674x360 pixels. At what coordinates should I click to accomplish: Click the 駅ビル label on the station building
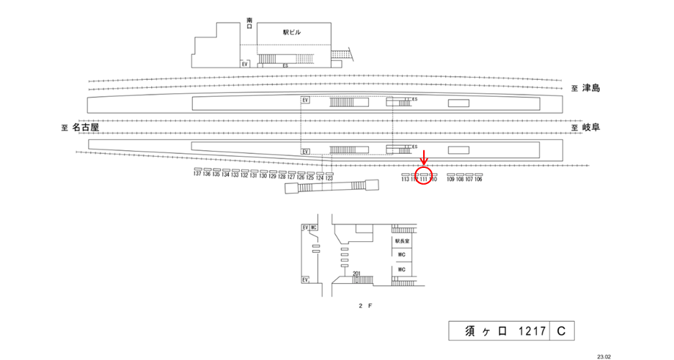292,32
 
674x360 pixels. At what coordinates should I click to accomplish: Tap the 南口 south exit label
249,23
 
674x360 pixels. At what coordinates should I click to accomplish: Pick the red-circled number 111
424,179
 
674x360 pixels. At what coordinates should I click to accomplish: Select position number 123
329,178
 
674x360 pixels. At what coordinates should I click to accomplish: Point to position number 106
478,179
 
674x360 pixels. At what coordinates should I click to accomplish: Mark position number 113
406,179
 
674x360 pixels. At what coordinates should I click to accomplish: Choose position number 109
450,179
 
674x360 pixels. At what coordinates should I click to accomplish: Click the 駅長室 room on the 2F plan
401,240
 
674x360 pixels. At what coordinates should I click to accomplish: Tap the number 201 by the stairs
356,274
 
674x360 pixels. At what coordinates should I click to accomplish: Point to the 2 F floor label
366,304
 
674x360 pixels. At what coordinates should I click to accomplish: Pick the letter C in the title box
560,331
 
